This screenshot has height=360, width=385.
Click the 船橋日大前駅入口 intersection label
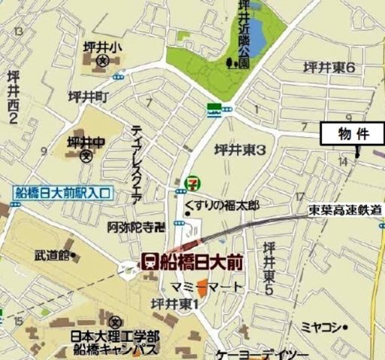pyautogui.click(x=63, y=193)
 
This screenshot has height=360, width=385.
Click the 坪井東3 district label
pyautogui.click(x=240, y=150)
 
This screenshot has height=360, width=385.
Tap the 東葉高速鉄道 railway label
pyautogui.click(x=345, y=212)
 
